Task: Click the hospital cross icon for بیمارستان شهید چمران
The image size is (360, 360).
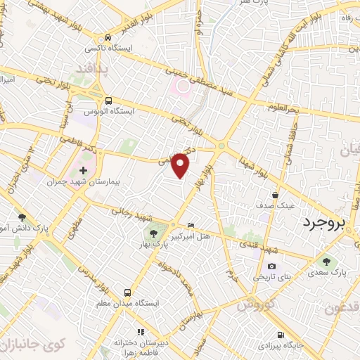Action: pyautogui.click(x=84, y=170)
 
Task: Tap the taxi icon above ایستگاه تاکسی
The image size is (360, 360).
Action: pyautogui.click(x=107, y=37)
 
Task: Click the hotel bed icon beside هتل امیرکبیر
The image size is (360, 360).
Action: pyautogui.click(x=192, y=225)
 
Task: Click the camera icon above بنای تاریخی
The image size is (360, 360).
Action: pyautogui.click(x=272, y=266)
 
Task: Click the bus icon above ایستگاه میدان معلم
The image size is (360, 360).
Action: pyautogui.click(x=127, y=292)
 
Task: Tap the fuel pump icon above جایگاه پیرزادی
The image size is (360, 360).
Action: pyautogui.click(x=281, y=335)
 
